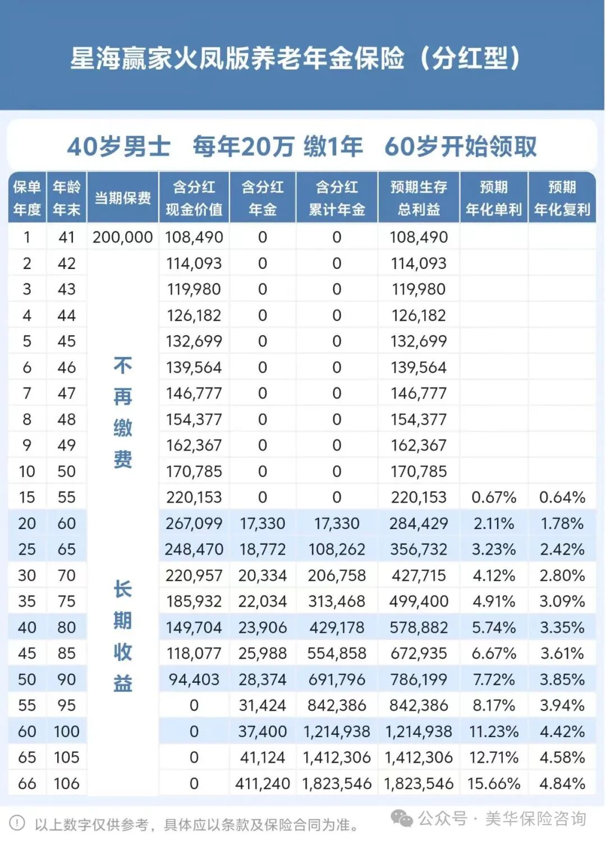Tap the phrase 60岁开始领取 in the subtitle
pos(461,147)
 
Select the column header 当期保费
pos(122,198)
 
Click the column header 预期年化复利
pos(562,198)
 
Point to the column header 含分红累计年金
pos(337,198)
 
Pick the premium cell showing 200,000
pos(122,237)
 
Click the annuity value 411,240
pos(263,783)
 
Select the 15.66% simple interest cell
pos(494,783)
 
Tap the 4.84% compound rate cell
pos(562,783)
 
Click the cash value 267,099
pos(194,524)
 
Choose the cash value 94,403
pos(194,679)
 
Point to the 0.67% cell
pos(494,497)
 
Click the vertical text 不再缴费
pos(123,412)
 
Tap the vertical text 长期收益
pos(123,636)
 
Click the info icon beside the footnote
pos(17,823)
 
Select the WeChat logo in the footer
pos(402,819)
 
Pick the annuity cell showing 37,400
pos(263,731)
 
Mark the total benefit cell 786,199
pos(419,679)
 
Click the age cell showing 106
pos(66,783)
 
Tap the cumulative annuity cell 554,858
pos(337,654)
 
